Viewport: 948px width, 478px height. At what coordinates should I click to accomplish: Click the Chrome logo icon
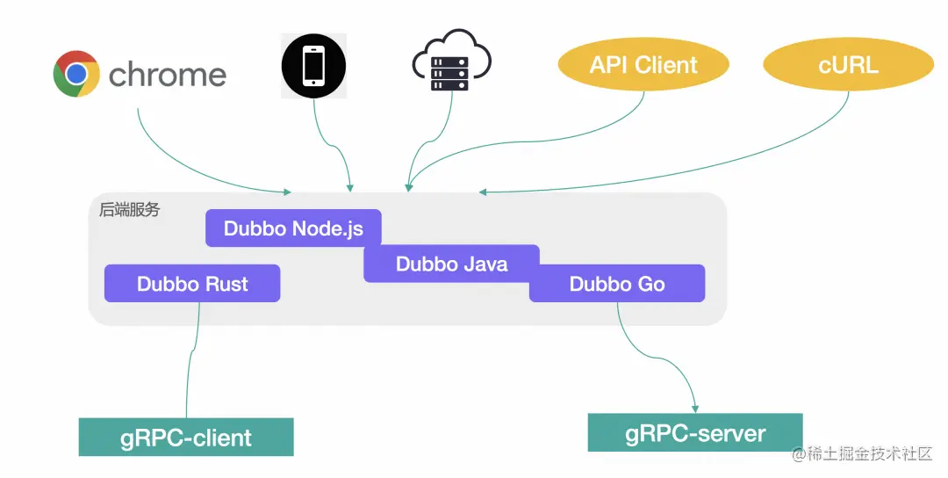76,74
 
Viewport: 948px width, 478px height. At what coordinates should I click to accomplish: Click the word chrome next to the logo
168,75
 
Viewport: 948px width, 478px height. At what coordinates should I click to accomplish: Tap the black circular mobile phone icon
313,65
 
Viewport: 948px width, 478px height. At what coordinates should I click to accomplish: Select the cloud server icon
451,61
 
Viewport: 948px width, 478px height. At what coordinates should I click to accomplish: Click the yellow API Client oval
643,65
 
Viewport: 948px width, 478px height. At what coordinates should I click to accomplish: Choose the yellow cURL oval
848,65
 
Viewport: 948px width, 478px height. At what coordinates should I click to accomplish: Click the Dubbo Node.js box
293,228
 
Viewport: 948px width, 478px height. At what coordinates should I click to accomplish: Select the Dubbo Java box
452,264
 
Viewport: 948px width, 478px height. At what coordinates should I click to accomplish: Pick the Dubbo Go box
617,283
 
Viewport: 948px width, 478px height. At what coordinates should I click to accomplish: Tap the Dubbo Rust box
192,283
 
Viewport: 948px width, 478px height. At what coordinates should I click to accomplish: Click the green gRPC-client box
186,437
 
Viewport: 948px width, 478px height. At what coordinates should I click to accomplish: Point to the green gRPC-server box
695,432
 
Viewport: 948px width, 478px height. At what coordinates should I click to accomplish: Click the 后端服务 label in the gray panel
129,209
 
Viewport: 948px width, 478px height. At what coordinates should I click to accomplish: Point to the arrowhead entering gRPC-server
695,409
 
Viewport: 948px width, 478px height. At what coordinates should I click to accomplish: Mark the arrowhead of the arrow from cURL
483,192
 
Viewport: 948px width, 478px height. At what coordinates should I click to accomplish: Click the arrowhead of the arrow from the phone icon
350,189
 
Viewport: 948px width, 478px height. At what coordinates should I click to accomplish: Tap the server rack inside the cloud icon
449,73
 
